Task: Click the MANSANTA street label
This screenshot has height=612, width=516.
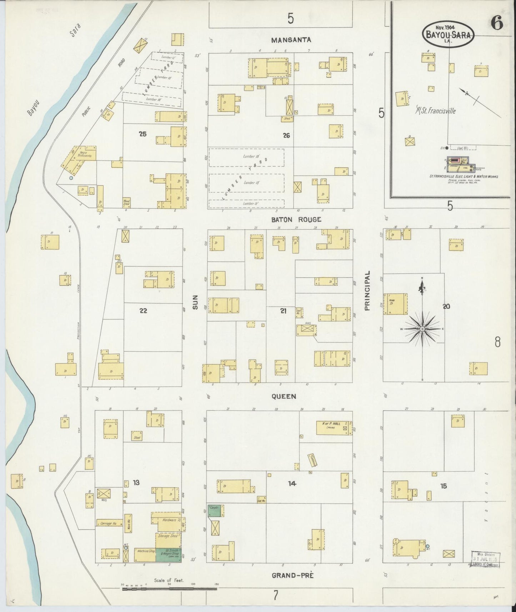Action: point(291,40)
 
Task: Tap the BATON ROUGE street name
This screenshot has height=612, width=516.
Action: point(296,220)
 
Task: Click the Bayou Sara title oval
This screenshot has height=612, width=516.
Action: point(449,34)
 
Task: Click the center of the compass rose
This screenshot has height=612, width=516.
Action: point(422,328)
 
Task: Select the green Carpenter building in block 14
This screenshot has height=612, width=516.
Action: point(215,510)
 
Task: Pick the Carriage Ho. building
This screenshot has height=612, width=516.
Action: point(109,523)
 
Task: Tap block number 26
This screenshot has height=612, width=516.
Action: point(286,135)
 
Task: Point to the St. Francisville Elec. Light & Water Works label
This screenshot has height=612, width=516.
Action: point(464,176)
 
